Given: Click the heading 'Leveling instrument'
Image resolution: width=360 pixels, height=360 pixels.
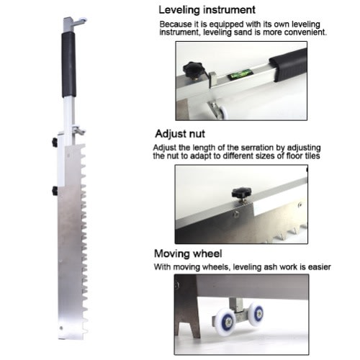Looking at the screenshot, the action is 207,10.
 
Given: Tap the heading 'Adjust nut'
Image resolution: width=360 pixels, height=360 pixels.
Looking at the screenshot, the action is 180,134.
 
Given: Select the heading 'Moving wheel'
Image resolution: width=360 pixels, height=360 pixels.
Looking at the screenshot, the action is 188,253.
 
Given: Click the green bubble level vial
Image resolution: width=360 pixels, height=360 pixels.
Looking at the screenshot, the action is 240,74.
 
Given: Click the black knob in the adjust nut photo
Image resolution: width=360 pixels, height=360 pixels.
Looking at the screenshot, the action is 241,193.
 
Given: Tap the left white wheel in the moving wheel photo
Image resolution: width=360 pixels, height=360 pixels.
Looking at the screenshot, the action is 225,323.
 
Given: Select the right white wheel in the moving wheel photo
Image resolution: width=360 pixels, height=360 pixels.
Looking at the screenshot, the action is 256,314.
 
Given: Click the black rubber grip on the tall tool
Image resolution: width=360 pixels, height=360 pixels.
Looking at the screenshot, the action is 68,64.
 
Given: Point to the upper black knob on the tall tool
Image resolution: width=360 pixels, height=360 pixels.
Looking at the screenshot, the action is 55,142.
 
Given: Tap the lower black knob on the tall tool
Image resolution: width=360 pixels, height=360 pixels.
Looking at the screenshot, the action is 55,191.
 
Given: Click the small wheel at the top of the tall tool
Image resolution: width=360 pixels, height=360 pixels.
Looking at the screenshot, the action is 84,20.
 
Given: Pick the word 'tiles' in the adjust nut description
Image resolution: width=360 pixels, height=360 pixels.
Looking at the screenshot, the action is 311,156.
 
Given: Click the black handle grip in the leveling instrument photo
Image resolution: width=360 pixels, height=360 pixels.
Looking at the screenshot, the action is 288,66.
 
